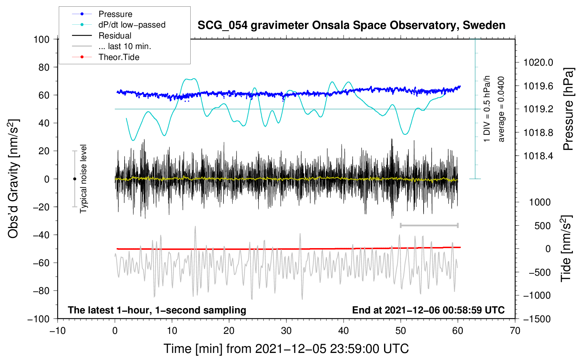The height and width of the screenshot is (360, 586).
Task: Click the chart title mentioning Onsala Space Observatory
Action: [351, 25]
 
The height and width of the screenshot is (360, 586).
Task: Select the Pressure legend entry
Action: [115, 14]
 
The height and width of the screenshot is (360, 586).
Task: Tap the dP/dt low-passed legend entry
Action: [132, 25]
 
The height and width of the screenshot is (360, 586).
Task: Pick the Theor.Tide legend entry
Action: [119, 57]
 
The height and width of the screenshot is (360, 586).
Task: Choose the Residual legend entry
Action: [115, 36]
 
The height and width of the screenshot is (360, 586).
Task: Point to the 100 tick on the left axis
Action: [41, 39]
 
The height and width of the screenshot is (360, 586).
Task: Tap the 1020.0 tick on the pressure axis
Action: [538, 62]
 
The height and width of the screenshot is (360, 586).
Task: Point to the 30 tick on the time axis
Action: [286, 331]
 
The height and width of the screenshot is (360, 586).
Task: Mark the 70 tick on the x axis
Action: [515, 331]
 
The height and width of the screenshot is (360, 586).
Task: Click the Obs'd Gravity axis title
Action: [13, 179]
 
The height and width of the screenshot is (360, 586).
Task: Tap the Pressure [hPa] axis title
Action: [568, 109]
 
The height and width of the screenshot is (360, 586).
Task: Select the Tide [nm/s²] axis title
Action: [566, 248]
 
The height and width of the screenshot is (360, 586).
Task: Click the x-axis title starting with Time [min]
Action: [286, 349]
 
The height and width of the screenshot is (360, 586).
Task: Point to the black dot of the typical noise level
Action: [74, 179]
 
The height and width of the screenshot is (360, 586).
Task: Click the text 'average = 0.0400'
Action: [501, 109]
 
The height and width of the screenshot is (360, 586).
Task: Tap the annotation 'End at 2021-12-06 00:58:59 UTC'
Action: [428, 310]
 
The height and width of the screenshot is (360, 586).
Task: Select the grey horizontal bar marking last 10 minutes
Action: [429, 225]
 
